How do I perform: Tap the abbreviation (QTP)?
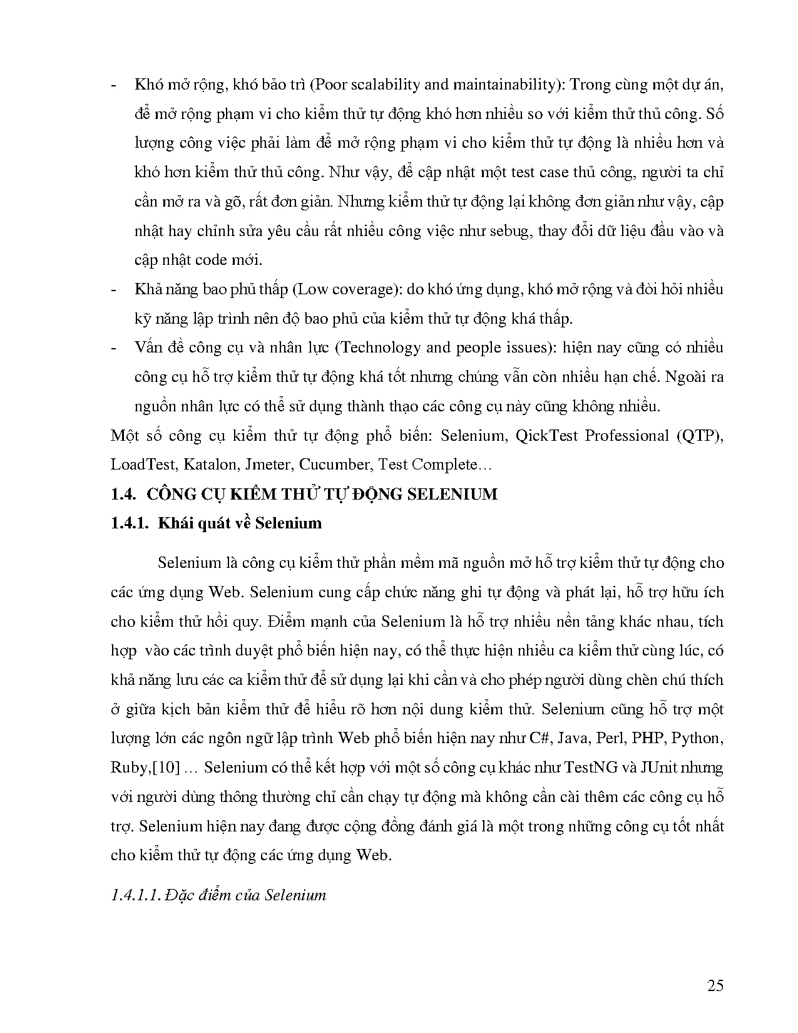coord(700,436)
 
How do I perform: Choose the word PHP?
coord(648,738)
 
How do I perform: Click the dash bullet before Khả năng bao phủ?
coord(113,290)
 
